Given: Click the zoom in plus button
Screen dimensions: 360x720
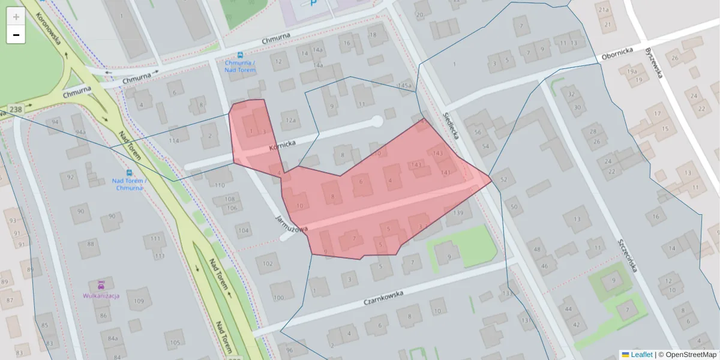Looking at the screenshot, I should (x=16, y=17).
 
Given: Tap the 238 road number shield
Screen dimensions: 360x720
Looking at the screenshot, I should (x=16, y=110).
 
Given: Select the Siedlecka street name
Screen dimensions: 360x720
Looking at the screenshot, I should (x=451, y=124).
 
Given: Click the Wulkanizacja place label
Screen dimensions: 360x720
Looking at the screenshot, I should (x=101, y=296).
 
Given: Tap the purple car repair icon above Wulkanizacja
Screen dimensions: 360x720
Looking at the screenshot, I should (x=101, y=284).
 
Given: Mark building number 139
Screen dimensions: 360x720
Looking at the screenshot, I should (x=459, y=213).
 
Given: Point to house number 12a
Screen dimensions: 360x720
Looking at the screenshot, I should (x=291, y=120).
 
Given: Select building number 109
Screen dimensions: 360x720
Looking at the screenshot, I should (x=139, y=301).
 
